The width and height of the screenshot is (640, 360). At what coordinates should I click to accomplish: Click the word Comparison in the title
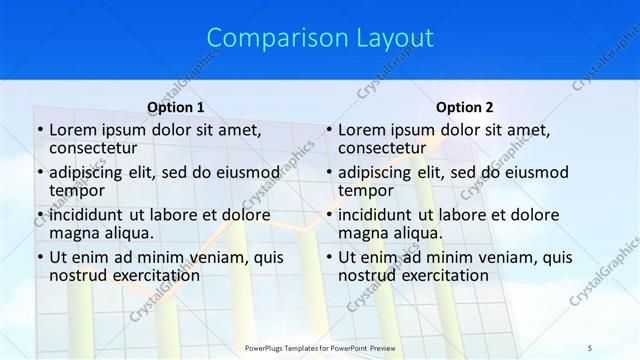tap(268, 38)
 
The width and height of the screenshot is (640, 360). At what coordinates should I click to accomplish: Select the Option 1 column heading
tap(176, 107)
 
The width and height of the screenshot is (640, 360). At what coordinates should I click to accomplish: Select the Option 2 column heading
tap(465, 107)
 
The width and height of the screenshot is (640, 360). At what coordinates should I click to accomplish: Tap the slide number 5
tap(591, 347)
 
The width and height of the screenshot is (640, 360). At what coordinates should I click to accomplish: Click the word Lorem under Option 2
tap(362, 130)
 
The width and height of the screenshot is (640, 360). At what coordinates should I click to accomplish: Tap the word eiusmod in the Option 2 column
tap(534, 173)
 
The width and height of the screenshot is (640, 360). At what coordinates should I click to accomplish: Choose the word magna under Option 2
tap(362, 233)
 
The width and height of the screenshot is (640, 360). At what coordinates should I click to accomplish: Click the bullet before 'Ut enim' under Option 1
tap(39, 258)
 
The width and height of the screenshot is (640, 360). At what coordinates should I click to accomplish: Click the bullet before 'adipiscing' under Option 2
tap(328, 173)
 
